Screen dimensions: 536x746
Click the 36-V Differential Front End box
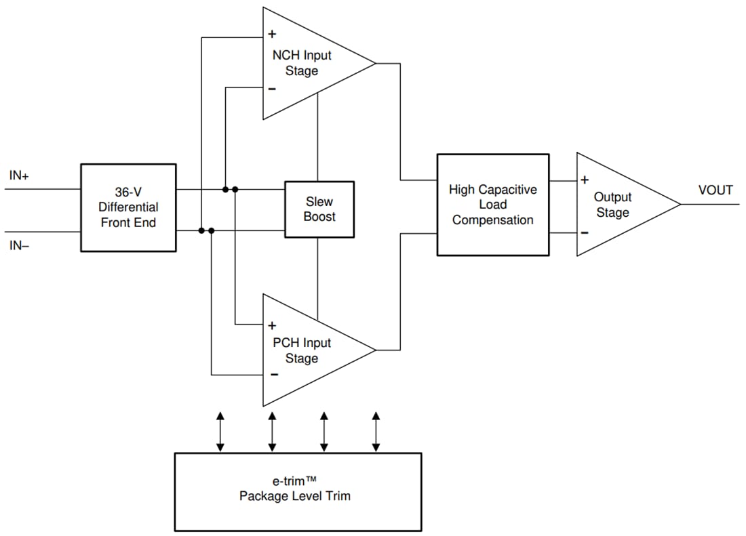click(x=128, y=207)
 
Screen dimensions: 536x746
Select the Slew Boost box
click(x=319, y=209)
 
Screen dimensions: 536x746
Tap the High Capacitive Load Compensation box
click(x=492, y=205)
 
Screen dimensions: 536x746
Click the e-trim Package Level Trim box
click(x=298, y=491)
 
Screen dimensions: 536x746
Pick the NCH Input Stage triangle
click(x=305, y=64)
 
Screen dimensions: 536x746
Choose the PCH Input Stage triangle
click(x=305, y=350)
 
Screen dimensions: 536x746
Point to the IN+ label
click(x=19, y=176)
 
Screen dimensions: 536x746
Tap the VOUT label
click(x=715, y=190)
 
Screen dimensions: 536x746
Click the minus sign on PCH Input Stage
click(x=273, y=374)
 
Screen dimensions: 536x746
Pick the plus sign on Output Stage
click(x=585, y=180)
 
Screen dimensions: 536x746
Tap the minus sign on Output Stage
click(x=585, y=232)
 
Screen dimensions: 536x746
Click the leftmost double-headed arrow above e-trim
click(x=220, y=431)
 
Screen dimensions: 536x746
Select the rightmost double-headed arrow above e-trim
click(x=376, y=431)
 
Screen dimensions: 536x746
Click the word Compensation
click(x=492, y=220)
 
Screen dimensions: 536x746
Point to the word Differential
click(x=128, y=207)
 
